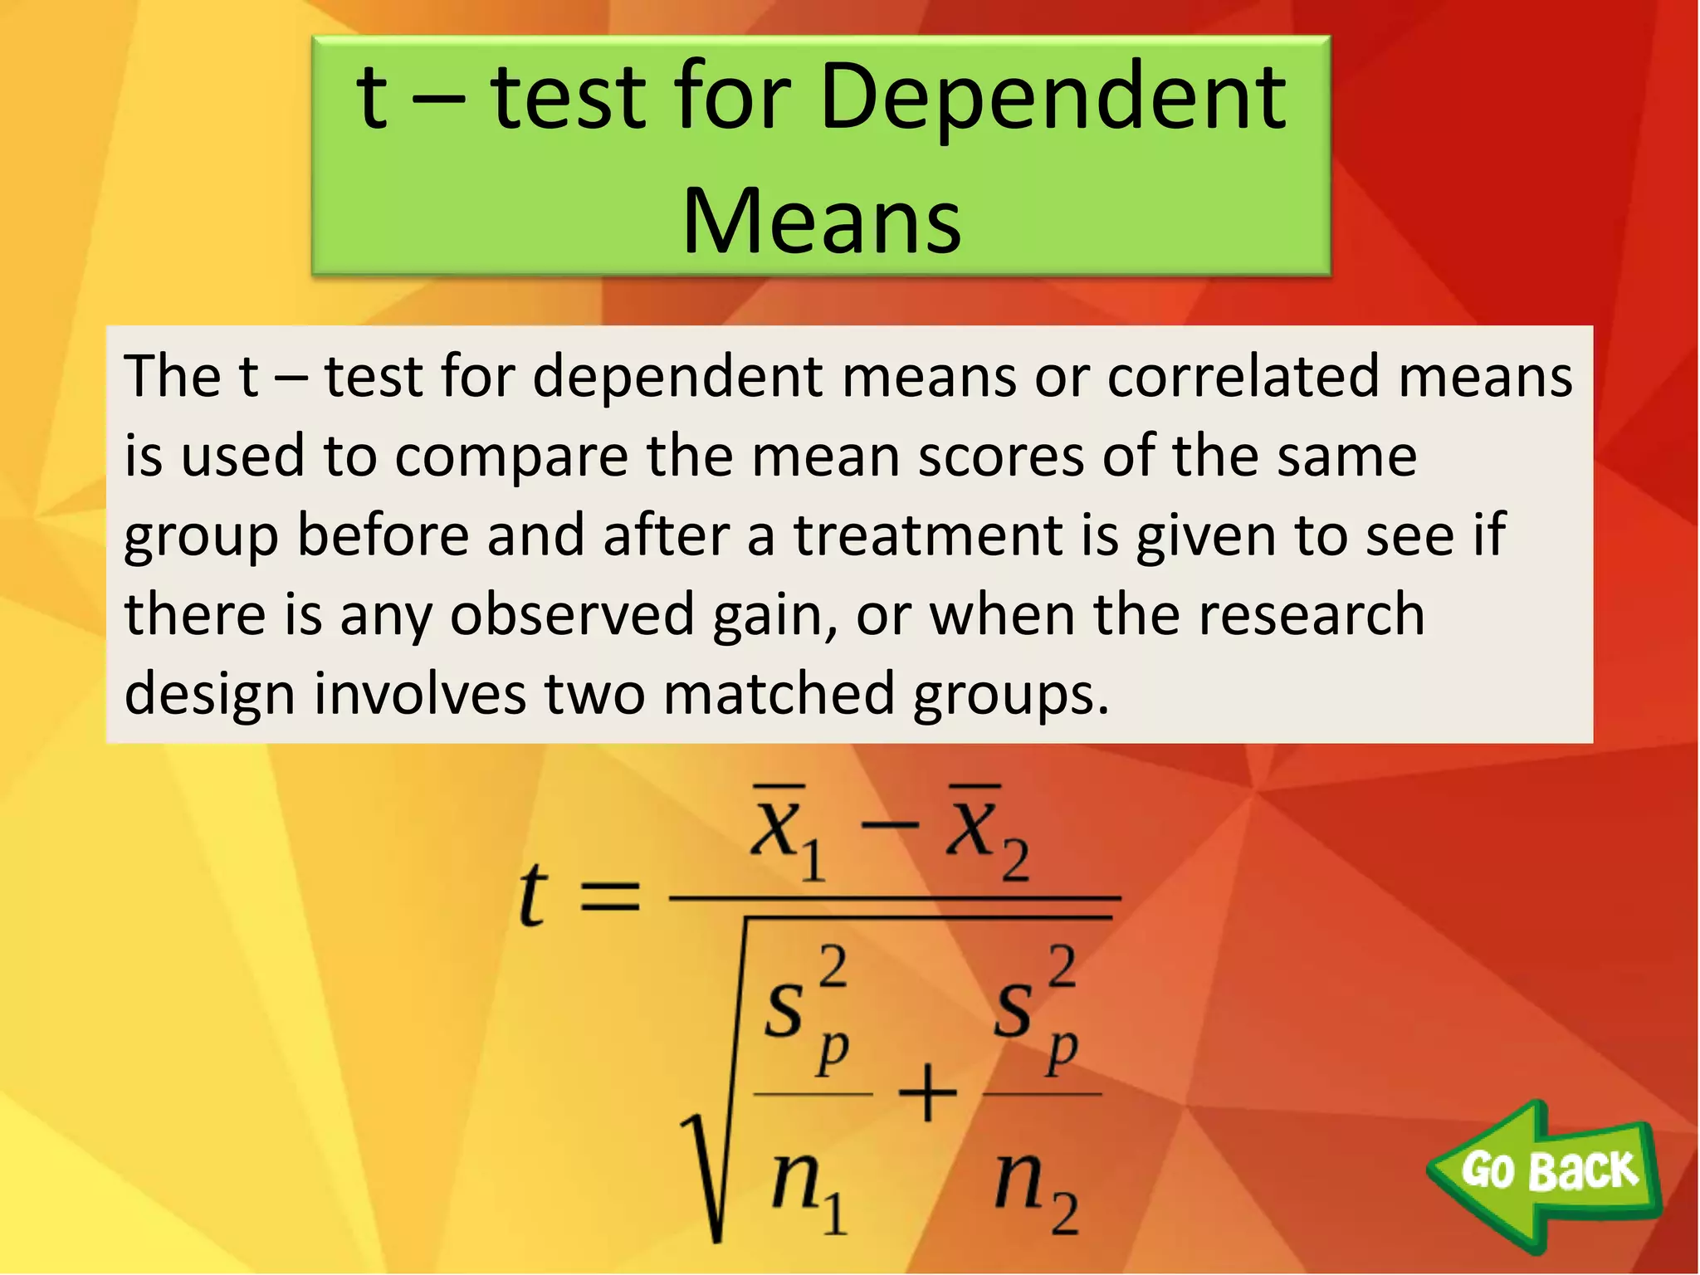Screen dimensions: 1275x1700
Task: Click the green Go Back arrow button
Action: [x=1546, y=1171]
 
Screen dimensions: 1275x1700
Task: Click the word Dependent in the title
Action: [x=1053, y=100]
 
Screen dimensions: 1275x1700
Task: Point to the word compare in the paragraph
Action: [x=511, y=457]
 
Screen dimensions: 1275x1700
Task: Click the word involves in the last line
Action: [x=419, y=693]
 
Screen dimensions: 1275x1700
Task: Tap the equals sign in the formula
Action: [x=610, y=896]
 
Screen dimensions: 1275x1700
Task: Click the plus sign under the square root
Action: [x=928, y=1094]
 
